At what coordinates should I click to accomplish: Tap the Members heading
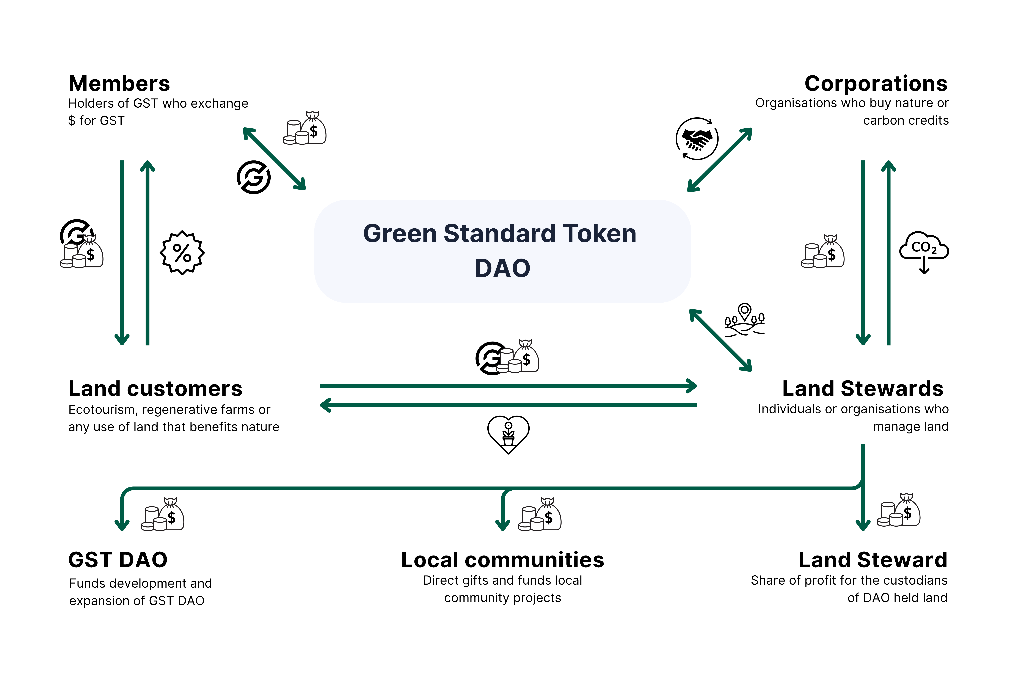119,83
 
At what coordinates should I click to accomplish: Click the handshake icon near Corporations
697,139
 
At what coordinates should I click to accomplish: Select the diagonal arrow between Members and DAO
274,159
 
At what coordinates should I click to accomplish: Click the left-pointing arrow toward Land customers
508,405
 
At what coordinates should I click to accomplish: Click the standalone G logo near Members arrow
254,177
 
